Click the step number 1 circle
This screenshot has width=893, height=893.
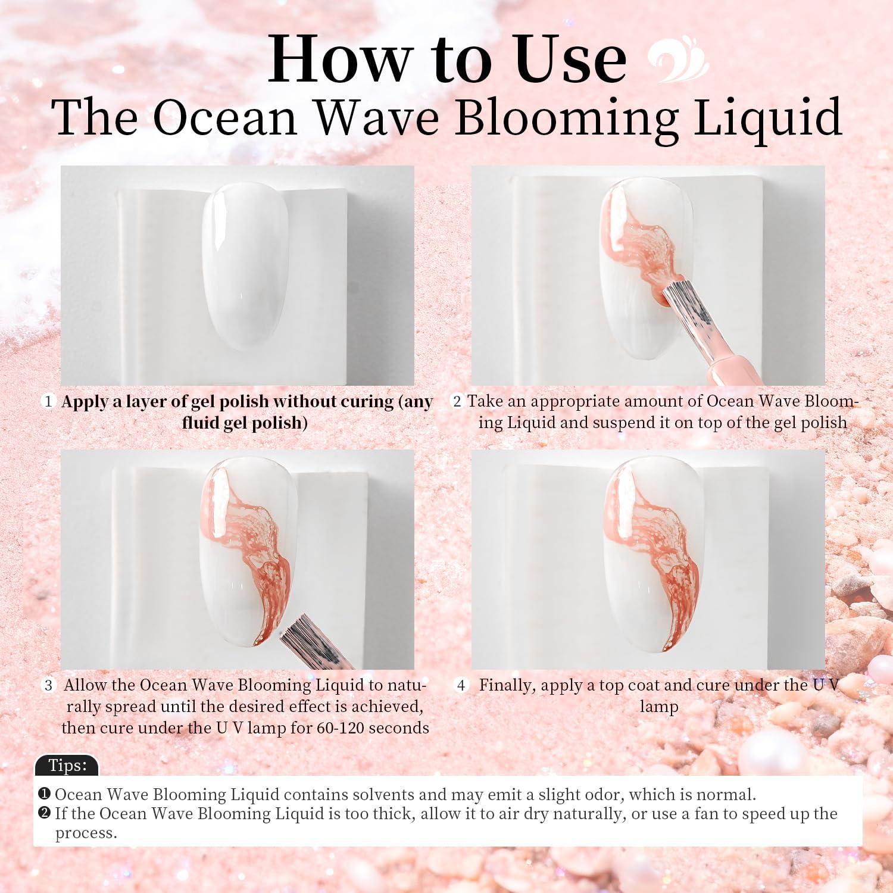(x=48, y=401)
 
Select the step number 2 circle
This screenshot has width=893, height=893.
(x=457, y=401)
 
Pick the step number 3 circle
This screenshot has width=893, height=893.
(x=48, y=685)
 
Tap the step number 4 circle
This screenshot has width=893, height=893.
(x=461, y=685)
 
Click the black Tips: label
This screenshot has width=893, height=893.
(x=67, y=765)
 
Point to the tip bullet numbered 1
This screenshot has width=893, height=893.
(x=44, y=794)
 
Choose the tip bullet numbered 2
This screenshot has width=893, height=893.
(x=44, y=813)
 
